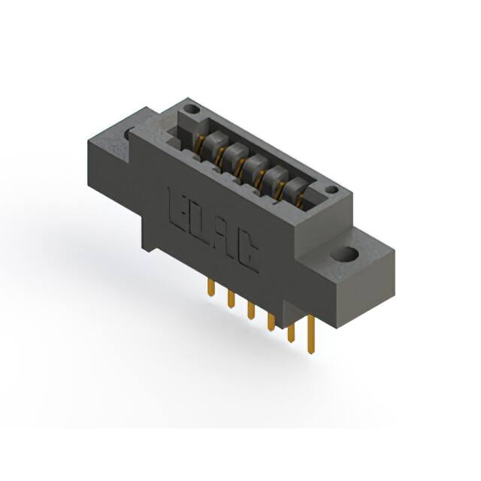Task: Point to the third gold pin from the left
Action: [251, 309]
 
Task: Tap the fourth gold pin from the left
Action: [271, 322]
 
